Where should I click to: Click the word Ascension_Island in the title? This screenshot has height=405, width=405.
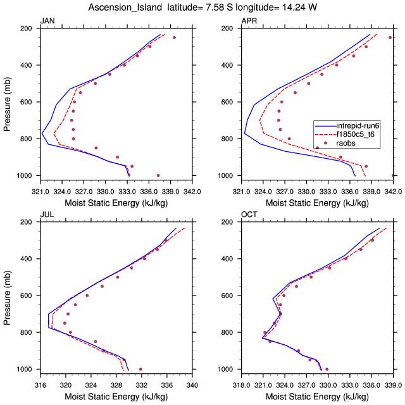pyautogui.click(x=133, y=8)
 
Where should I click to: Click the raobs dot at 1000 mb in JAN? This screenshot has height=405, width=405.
pyautogui.click(x=158, y=175)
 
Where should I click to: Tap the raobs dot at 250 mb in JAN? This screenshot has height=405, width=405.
pyautogui.click(x=174, y=38)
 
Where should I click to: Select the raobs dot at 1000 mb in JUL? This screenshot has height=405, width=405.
pyautogui.click(x=140, y=369)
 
